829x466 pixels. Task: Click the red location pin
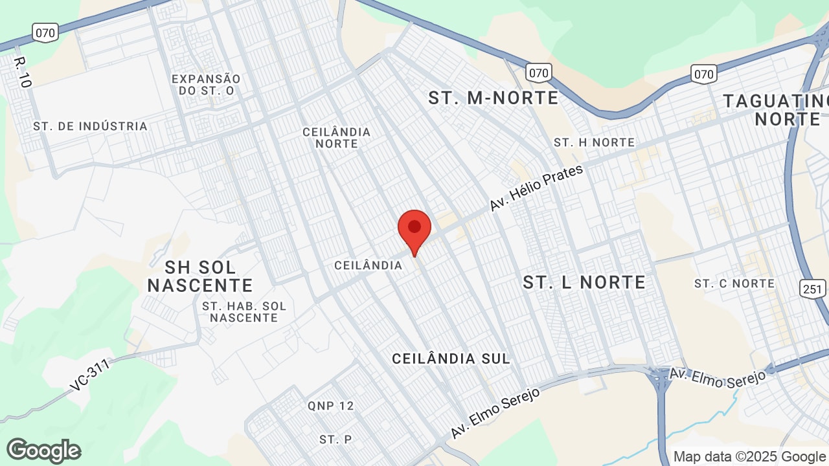click(x=414, y=230)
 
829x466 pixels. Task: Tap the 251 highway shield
click(x=813, y=288)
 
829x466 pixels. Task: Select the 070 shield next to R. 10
click(x=46, y=32)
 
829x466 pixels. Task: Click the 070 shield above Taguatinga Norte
click(x=703, y=74)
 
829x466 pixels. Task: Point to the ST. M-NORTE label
click(x=493, y=98)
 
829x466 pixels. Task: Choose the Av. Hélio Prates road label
click(x=536, y=188)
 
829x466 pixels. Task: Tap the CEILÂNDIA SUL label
click(x=451, y=358)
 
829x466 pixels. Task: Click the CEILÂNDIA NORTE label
click(x=337, y=137)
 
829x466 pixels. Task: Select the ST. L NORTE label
click(x=584, y=282)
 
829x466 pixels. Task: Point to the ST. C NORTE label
click(x=734, y=283)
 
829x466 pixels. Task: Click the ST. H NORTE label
click(x=594, y=142)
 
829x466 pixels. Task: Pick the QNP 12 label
click(x=331, y=406)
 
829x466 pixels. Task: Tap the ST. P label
click(x=335, y=439)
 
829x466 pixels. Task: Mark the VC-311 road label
click(x=89, y=375)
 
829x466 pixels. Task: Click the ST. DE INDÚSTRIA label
click(x=91, y=126)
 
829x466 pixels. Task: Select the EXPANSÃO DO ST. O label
click(x=206, y=85)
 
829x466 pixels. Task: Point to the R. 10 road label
click(x=22, y=71)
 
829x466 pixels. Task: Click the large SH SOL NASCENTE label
click(x=200, y=276)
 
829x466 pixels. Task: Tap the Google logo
click(x=43, y=450)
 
